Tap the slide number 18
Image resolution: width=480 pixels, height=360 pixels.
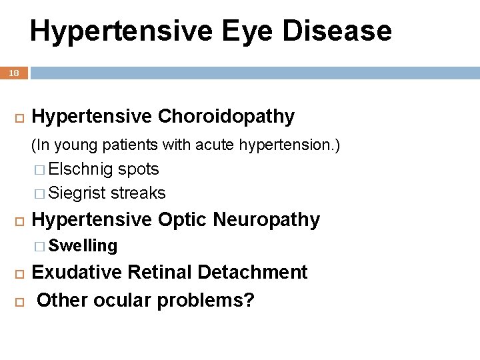pos(14,73)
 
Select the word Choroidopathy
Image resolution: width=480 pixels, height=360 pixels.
pos(226,117)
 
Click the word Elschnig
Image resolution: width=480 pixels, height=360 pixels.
pos(81,169)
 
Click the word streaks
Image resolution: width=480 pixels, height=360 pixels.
pos(138,193)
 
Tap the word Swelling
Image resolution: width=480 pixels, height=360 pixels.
pos(83,246)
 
